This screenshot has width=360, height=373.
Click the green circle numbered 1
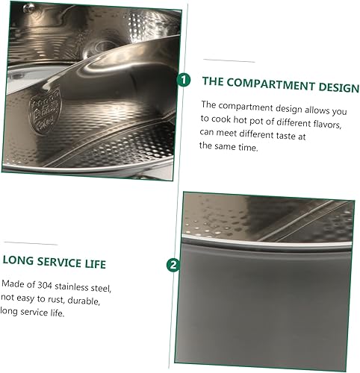[x=184, y=80]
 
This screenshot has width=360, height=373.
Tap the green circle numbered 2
[x=173, y=265]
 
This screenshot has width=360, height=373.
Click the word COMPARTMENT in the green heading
[x=270, y=84]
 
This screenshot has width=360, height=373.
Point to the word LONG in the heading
[x=18, y=260]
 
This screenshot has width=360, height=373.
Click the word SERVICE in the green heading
[x=59, y=263]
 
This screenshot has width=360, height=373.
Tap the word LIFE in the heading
[x=96, y=264]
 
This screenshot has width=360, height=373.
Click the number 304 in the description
[x=45, y=285]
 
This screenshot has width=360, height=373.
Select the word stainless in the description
[x=72, y=287]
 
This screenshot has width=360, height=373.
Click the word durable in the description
[x=84, y=301]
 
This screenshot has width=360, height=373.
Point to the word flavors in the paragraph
[x=327, y=125]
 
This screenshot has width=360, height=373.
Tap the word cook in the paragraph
[x=221, y=119]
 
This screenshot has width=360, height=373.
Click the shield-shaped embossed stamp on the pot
[x=45, y=112]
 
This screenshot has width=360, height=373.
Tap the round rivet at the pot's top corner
[x=29, y=8]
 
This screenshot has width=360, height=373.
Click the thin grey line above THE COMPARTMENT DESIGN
[x=229, y=60]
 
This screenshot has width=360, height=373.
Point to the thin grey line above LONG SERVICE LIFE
[x=31, y=243]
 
